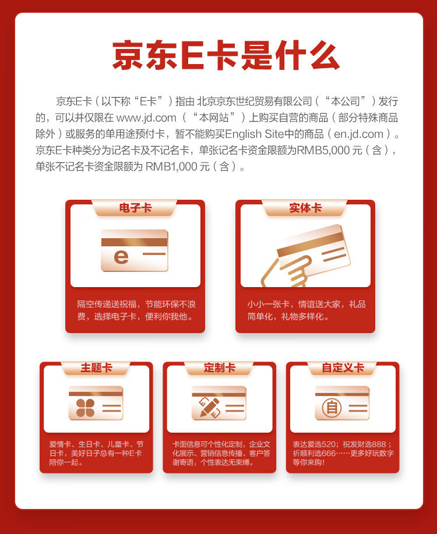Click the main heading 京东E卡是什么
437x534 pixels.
pyautogui.click(x=226, y=56)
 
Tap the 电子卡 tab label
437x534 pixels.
pyautogui.click(x=135, y=208)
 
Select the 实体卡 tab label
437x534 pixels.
pyautogui.click(x=305, y=208)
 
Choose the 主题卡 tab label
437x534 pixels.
pyautogui.click(x=96, y=368)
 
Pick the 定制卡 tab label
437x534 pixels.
pyautogui.click(x=219, y=368)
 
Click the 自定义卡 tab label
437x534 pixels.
pyautogui.click(x=343, y=368)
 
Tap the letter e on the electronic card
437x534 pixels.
pyautogui.click(x=121, y=256)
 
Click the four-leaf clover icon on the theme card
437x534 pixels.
pyautogui.click(x=84, y=407)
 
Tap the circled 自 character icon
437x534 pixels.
pyautogui.click(x=332, y=407)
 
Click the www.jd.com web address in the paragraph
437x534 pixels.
pyautogui.click(x=146, y=118)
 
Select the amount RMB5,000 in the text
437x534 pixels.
pyautogui.click(x=320, y=150)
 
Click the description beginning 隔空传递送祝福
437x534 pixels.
pyautogui.click(x=135, y=310)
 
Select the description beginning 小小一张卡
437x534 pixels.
pyautogui.click(x=305, y=310)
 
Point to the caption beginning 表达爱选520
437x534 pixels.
pyautogui.click(x=343, y=453)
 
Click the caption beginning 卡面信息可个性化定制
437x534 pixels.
pyautogui.click(x=219, y=453)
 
